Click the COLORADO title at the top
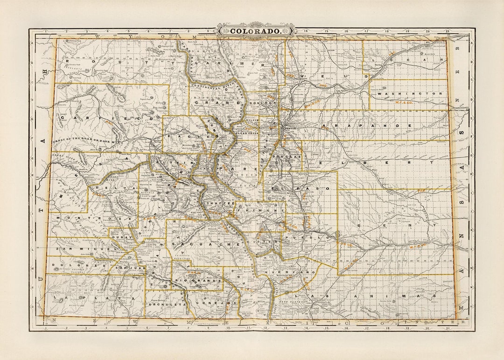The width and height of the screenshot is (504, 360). [x=256, y=31]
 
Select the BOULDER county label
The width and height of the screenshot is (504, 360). [x=260, y=103]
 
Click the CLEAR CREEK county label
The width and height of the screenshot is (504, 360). [x=247, y=133]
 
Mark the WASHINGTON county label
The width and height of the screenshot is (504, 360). [x=409, y=93]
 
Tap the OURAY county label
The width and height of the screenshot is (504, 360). [x=119, y=236]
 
